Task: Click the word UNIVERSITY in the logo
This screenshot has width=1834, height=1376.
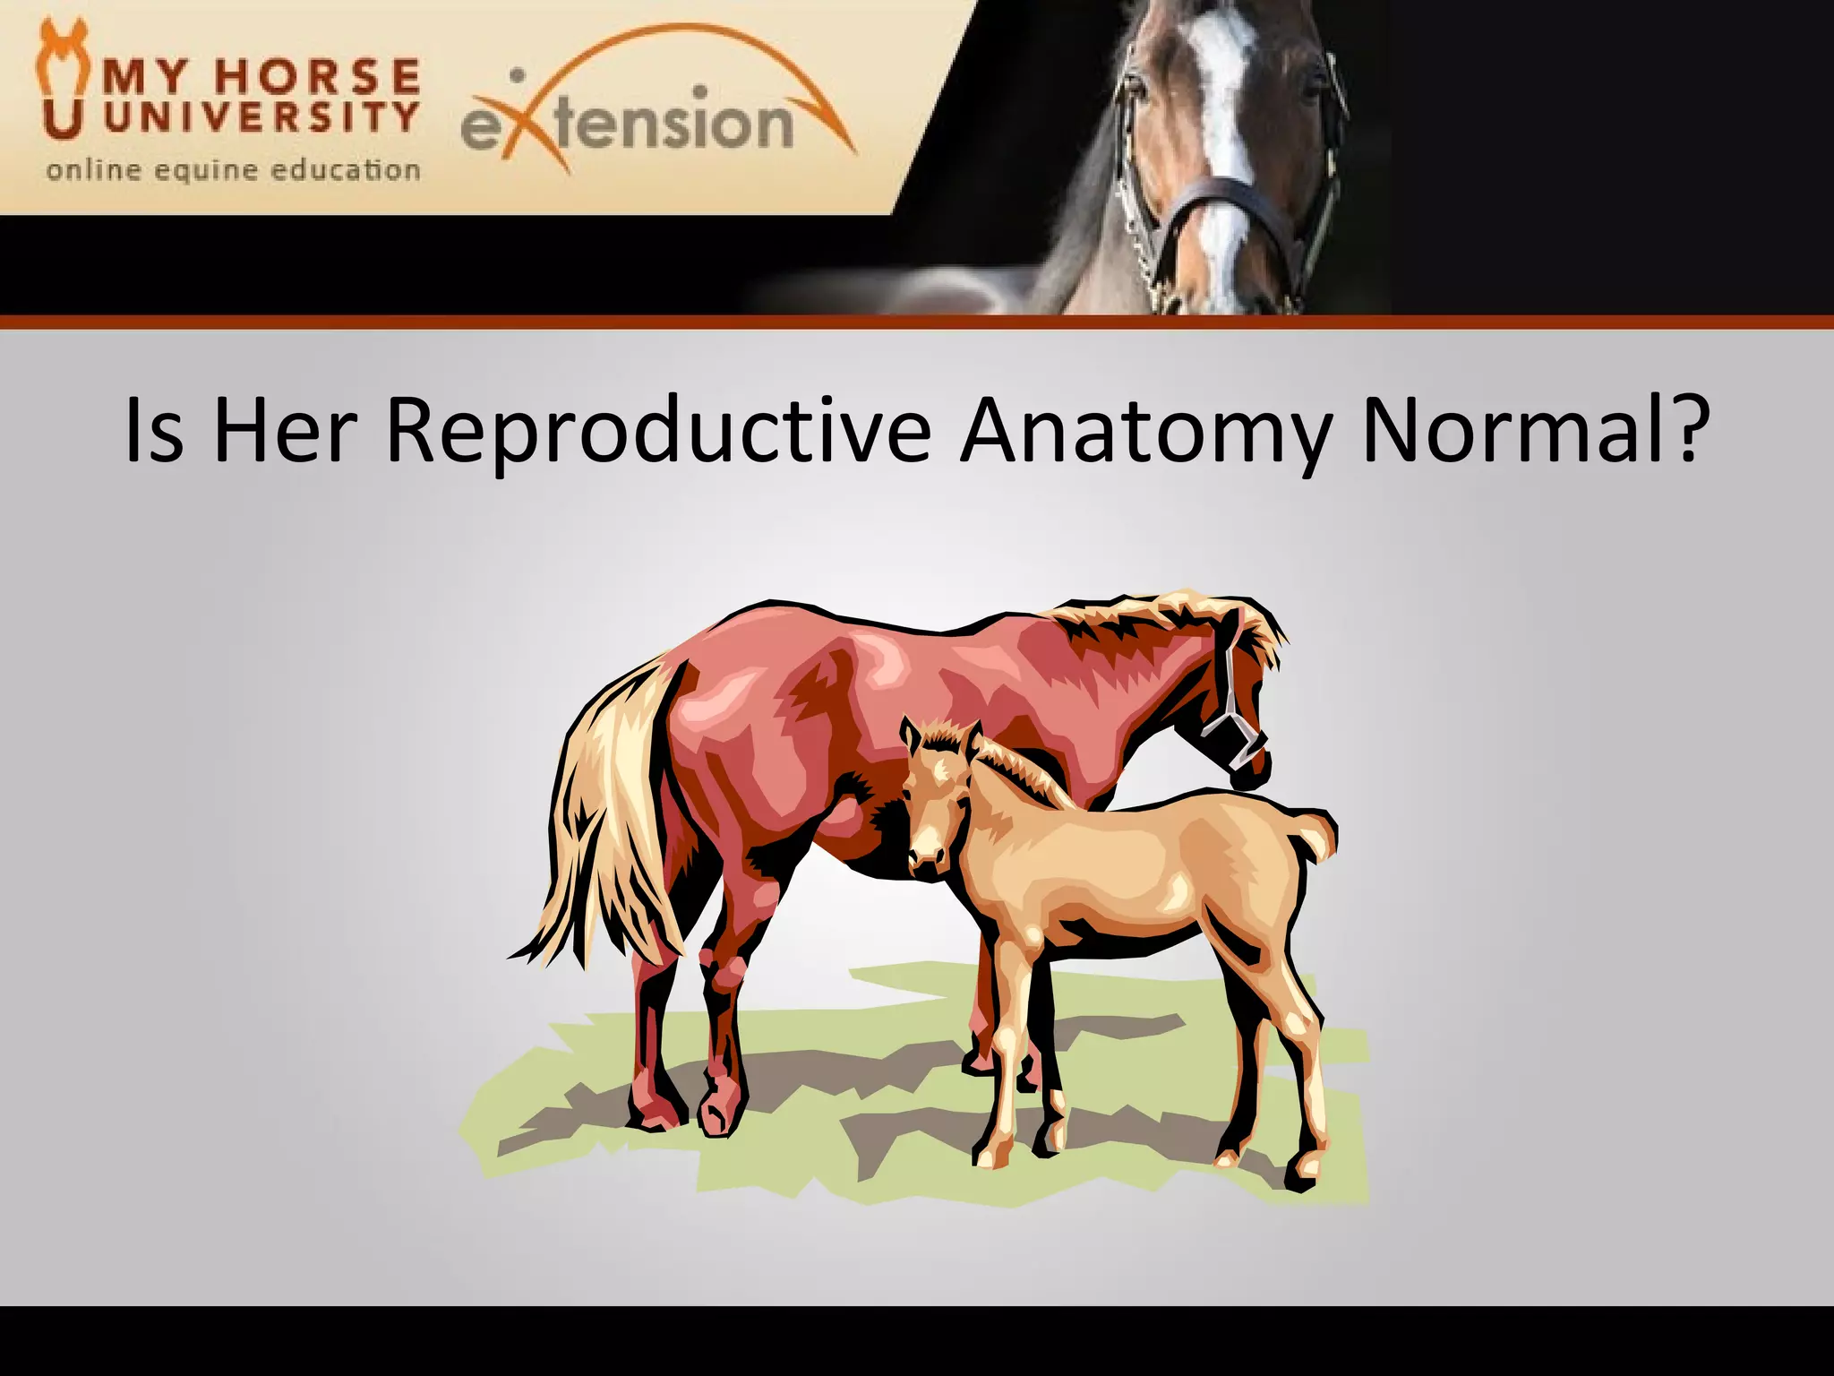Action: coord(261,117)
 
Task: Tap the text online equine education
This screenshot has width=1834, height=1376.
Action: coord(233,170)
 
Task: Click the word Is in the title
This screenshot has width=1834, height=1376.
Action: coord(154,432)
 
